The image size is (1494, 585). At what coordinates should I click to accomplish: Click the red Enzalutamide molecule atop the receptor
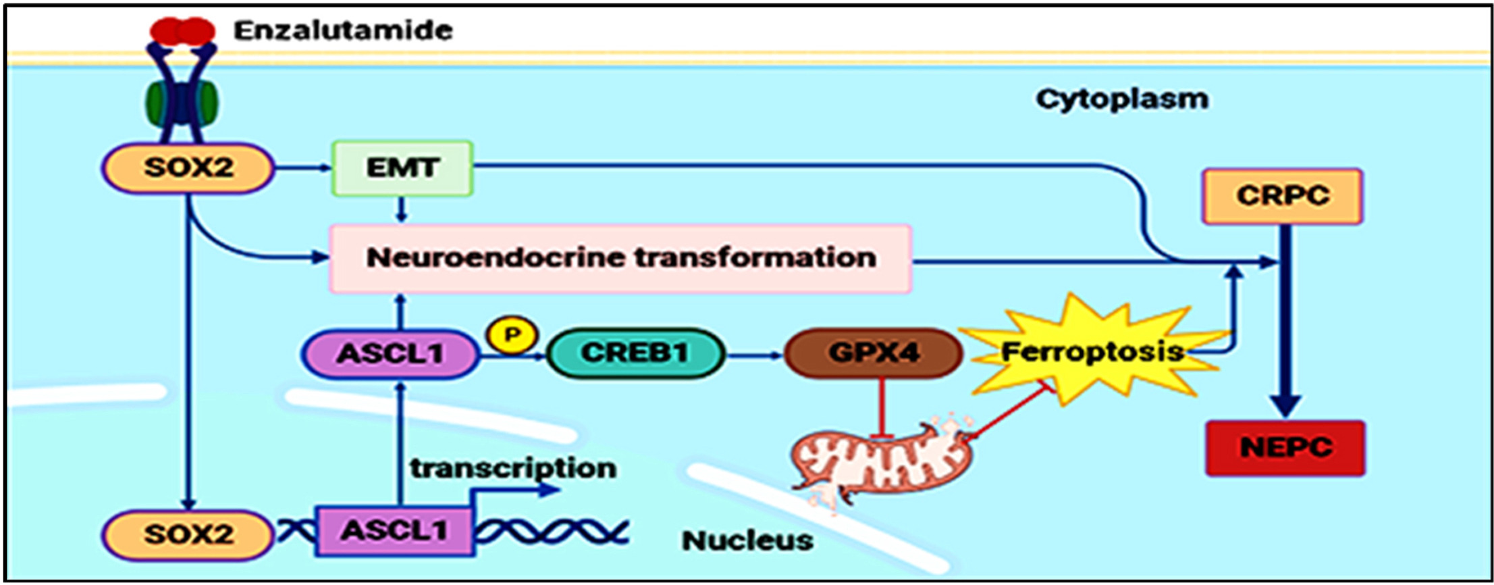click(182, 30)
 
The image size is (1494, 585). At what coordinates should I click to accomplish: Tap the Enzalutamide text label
click(343, 30)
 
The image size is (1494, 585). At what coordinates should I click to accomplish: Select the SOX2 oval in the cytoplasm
click(188, 168)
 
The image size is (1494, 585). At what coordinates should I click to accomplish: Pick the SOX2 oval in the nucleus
click(188, 534)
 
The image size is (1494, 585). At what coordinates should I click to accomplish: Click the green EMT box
click(402, 168)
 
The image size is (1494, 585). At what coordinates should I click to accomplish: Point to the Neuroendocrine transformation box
click(620, 258)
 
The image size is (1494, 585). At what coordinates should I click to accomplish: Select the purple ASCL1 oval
click(390, 353)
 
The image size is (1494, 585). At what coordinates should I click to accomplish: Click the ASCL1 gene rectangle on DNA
click(394, 532)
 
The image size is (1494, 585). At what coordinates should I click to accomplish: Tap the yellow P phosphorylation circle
click(512, 335)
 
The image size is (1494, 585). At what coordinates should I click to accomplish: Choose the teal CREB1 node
click(635, 353)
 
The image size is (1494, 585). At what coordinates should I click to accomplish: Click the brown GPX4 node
click(874, 353)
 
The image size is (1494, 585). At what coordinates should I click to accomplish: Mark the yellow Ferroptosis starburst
click(1092, 352)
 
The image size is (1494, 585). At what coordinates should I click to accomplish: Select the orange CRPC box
click(1282, 196)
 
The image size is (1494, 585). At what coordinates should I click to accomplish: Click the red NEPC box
click(1285, 448)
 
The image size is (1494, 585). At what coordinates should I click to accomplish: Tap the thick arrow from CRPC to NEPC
click(1285, 317)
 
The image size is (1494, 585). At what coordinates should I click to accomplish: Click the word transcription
click(514, 468)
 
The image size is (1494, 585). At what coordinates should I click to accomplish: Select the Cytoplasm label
click(1122, 99)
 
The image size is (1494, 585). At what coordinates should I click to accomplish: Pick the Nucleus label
click(747, 540)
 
